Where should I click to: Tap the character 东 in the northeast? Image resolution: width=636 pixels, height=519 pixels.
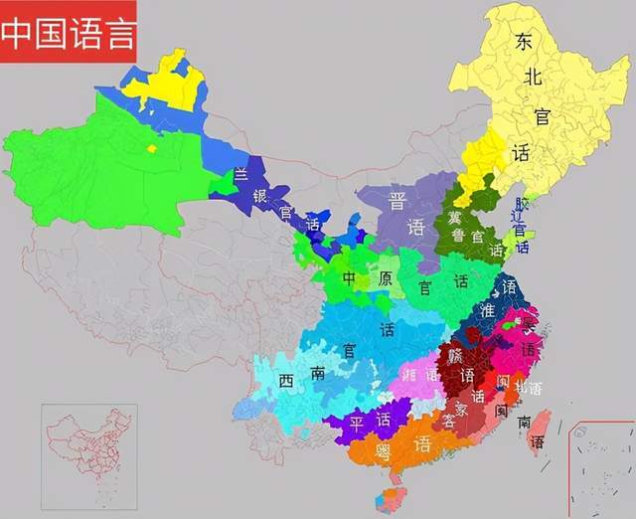[524, 42]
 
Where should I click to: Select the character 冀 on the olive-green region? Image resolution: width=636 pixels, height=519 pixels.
[456, 217]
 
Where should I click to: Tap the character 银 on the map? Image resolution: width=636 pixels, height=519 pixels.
[259, 195]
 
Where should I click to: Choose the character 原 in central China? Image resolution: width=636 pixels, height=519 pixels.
[385, 278]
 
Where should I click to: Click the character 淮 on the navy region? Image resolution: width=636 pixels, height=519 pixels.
[487, 310]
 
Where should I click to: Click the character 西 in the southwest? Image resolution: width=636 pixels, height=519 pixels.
[286, 381]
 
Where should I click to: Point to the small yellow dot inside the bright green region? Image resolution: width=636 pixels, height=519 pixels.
[151, 148]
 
